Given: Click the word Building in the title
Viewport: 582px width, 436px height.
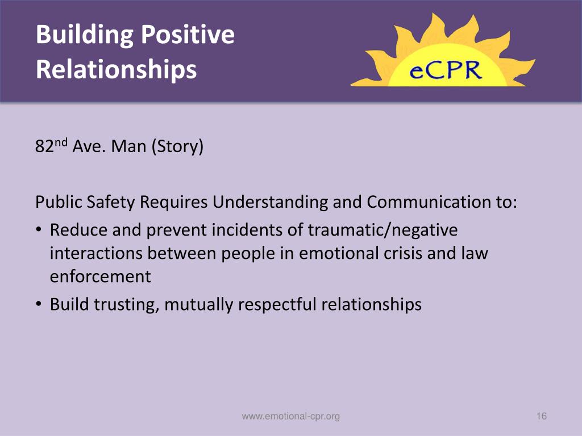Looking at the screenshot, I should (x=84, y=35).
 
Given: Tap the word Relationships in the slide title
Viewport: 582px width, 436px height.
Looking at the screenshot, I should (x=116, y=69).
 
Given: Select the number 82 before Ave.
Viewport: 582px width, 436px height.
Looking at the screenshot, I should (x=44, y=148).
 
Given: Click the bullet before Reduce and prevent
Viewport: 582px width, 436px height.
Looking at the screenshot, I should (x=38, y=230).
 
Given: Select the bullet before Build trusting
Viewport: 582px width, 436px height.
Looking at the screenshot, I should (x=38, y=305).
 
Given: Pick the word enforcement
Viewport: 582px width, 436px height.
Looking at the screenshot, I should (x=100, y=276).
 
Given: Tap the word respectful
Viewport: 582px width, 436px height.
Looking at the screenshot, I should (x=277, y=305).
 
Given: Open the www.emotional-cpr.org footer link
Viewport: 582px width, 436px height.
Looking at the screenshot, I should (x=290, y=417).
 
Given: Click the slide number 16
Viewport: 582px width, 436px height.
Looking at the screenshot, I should (x=541, y=417).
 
